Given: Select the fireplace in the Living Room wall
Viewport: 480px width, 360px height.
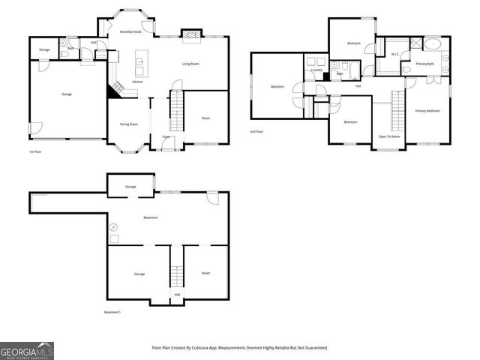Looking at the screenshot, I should coord(191,34).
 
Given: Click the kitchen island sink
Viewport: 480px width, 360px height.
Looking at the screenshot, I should coord(139,60).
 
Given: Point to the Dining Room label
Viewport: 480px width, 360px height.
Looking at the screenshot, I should coord(129,124).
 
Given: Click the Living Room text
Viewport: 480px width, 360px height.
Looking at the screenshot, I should coord(190,64).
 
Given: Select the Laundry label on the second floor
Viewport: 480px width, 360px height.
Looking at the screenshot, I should coord(316,70).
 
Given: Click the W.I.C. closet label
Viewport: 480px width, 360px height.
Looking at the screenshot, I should coord(395,55).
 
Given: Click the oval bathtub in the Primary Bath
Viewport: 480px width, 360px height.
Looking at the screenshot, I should coord(433,45).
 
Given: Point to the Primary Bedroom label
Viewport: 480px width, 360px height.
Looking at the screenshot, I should coord(427,110).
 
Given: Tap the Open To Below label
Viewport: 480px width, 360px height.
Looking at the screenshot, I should coord(388,136).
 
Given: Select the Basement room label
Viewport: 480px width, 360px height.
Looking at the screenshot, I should coord(150,217).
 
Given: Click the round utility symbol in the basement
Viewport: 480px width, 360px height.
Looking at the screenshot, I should coord(114,226).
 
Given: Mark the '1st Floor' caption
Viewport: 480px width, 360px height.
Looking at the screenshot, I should coord(35,151).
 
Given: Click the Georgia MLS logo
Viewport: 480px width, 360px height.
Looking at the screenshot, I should coord(27,350).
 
